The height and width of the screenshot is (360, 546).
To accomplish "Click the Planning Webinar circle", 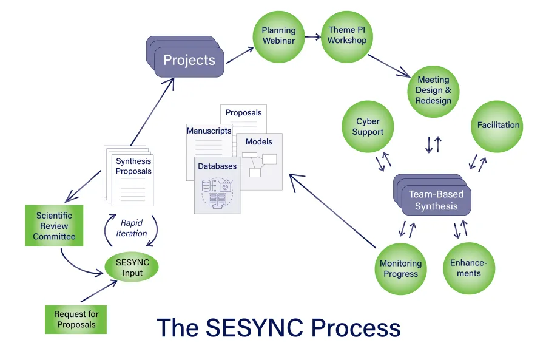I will [278, 36].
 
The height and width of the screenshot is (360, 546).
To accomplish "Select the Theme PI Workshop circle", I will [347, 36].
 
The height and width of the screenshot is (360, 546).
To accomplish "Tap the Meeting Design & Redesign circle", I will [433, 90].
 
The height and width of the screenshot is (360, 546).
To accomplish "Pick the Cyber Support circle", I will [368, 126].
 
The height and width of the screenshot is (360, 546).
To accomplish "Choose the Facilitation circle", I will [498, 126].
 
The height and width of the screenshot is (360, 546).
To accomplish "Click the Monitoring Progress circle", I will [400, 268].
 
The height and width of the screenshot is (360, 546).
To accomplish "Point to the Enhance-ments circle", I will [469, 268].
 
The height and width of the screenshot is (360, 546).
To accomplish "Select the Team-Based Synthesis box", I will [436, 200].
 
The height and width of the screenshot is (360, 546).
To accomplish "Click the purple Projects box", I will [189, 61].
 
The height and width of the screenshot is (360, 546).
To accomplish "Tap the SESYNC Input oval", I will [132, 268].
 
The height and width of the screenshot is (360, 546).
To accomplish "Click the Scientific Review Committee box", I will [53, 225].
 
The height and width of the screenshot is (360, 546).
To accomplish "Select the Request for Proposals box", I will [76, 319].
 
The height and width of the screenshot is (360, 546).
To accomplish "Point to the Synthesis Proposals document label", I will [133, 166].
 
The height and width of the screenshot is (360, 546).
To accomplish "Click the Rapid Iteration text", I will [132, 228].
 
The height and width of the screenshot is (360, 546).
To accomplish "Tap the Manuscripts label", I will [209, 131].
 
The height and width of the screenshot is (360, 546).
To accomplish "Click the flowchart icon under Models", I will [259, 163].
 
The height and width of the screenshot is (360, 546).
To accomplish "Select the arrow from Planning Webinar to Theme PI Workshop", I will [312, 36].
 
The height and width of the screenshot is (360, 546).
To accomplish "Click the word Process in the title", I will [356, 328].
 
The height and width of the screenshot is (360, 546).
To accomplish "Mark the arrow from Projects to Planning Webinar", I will [238, 55].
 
